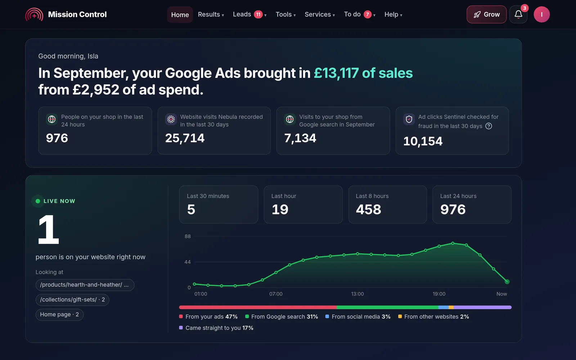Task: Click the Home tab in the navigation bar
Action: (180, 15)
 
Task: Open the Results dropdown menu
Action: (211, 14)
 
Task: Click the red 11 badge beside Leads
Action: (258, 14)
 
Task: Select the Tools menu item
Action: (285, 14)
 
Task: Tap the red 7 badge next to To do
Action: (368, 14)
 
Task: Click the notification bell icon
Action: (518, 14)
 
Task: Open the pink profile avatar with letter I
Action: (541, 14)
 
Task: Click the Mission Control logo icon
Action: (34, 14)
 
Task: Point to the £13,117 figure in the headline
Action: (336, 73)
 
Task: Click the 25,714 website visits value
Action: (185, 138)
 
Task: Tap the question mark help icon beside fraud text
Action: (489, 126)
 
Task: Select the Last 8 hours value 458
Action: (368, 209)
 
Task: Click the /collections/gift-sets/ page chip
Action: (72, 300)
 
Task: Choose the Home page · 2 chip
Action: (59, 315)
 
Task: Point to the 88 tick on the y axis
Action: (188, 236)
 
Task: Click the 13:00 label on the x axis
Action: (357, 294)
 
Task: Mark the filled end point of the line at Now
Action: (507, 282)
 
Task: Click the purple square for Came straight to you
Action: (181, 328)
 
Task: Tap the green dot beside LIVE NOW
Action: (38, 201)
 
